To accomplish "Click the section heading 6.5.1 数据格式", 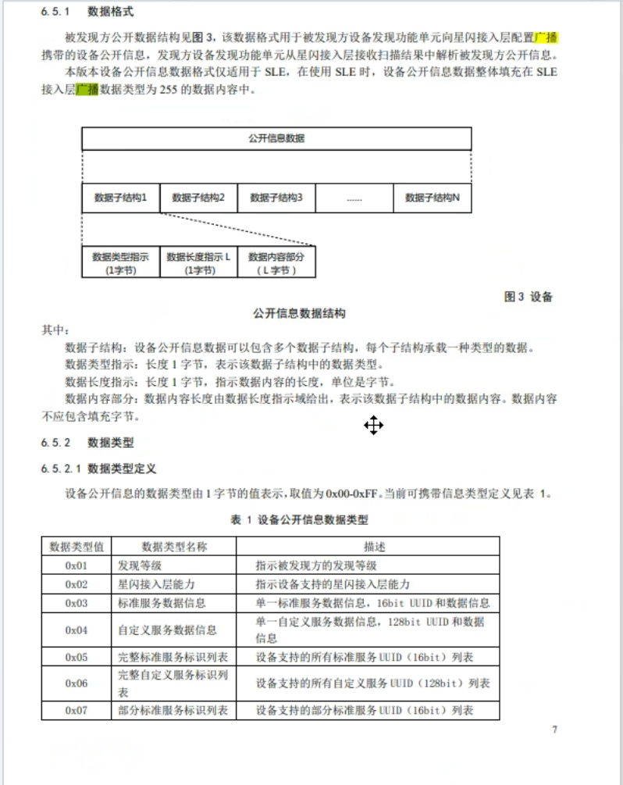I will point(87,12).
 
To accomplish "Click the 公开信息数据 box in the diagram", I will point(276,138).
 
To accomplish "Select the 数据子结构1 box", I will point(120,198).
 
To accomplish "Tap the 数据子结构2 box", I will point(198,198).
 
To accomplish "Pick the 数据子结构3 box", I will point(276,198).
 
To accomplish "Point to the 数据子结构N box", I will point(433,198).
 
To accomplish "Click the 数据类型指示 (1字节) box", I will point(120,262).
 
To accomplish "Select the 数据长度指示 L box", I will point(198,262).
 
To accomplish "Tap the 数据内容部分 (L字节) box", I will point(276,262).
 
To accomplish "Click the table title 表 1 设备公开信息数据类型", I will point(299,519).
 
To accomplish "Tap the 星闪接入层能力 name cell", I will point(156,584).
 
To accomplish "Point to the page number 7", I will point(554,730).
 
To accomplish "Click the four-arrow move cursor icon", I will point(373,426).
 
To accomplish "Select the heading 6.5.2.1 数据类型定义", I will point(99,469).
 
